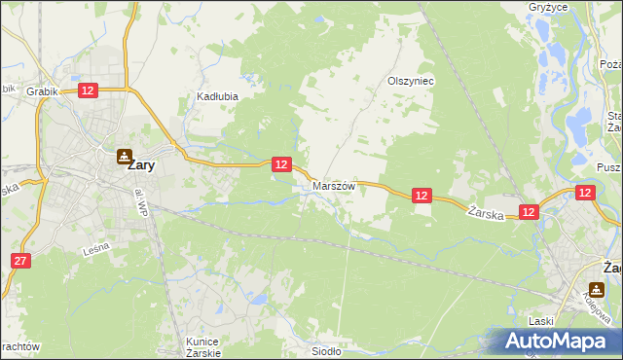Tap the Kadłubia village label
click(217, 96)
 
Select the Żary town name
click(141, 165)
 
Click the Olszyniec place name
click(410, 82)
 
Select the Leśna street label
click(96, 249)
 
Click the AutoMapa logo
click(554, 341)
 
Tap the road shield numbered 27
click(21, 260)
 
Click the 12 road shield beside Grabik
click(88, 90)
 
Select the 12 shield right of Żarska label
click(529, 211)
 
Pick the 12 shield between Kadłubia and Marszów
click(280, 164)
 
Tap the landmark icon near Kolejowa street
click(596, 288)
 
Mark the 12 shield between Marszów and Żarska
click(421, 196)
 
